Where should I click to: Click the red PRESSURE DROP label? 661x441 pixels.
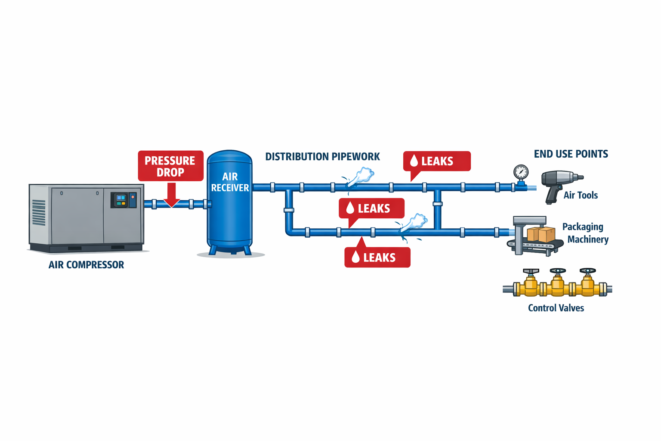(x=170, y=166)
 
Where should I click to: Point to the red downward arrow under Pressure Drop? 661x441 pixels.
(x=171, y=195)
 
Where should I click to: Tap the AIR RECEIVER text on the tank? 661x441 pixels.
(x=230, y=182)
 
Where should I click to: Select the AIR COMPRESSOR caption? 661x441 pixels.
(x=86, y=265)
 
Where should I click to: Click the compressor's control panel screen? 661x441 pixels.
(x=121, y=200)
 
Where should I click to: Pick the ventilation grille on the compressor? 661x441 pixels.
(x=39, y=212)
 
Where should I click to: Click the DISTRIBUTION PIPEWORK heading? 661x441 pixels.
(x=322, y=157)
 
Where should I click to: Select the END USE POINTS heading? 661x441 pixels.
(x=571, y=154)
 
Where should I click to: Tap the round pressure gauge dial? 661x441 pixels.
(x=521, y=172)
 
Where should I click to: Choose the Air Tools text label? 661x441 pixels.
(x=581, y=196)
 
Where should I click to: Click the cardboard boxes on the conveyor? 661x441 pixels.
(x=541, y=234)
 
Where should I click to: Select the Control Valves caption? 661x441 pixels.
(x=556, y=308)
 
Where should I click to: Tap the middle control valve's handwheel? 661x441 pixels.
(x=558, y=271)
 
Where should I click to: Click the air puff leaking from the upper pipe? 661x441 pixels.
(x=361, y=176)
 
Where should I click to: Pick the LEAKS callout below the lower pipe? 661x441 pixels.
(x=377, y=258)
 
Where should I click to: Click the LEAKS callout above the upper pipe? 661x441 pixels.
(x=436, y=161)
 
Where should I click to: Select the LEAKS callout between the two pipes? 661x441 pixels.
(x=371, y=208)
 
